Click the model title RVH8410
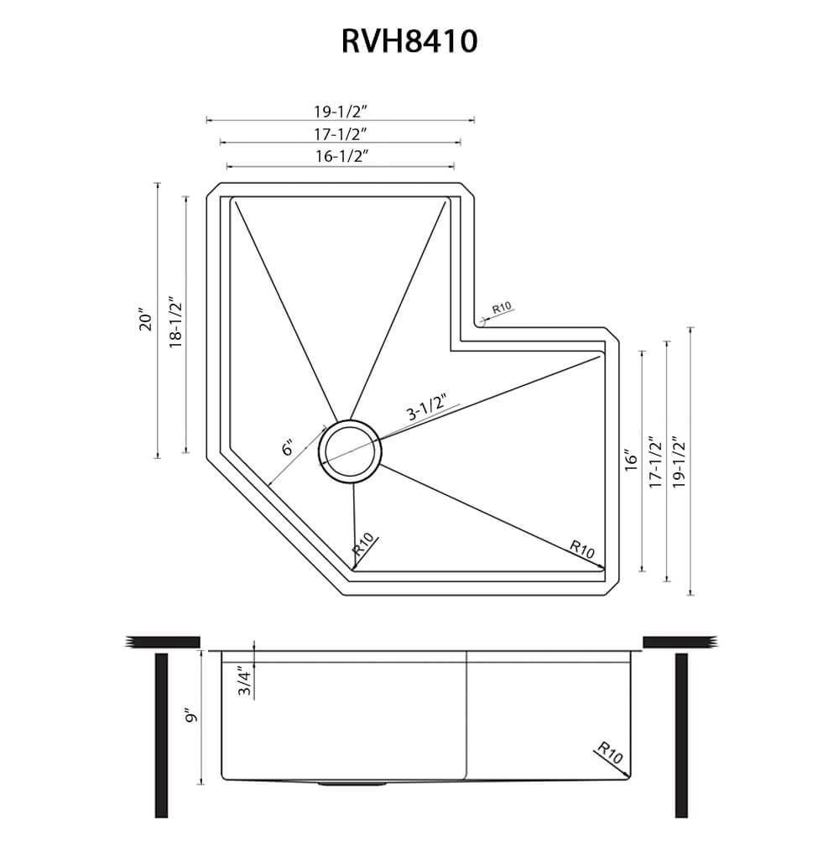coord(409,41)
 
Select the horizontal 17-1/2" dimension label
coord(341,133)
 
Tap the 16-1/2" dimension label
coord(341,155)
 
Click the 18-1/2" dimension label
coord(175,322)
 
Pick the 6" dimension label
coord(288,448)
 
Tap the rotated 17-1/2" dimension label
coord(656,461)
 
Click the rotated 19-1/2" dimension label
coord(679,461)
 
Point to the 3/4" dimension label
coord(244,680)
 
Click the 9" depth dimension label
coord(191,716)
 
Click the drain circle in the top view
coord(350,451)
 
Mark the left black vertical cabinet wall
coord(162,734)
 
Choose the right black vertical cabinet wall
coord(681,734)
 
